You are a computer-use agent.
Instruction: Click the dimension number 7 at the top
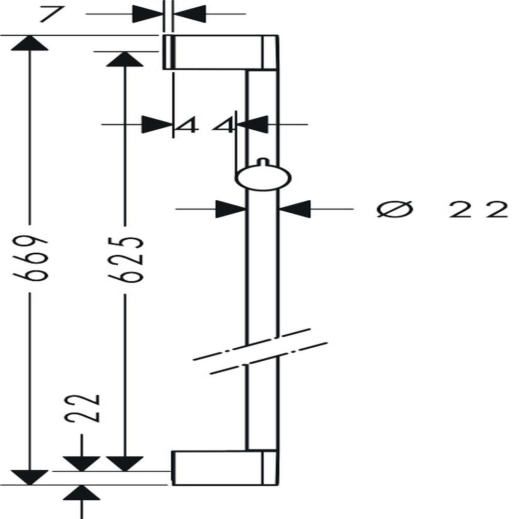click(x=51, y=14)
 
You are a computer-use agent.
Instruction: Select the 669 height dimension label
click(x=29, y=258)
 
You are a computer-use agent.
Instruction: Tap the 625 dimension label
click(x=126, y=259)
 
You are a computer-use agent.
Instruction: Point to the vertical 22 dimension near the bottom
click(x=82, y=408)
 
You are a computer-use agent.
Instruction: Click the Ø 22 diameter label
click(x=442, y=209)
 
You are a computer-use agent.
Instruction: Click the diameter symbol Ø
click(x=395, y=209)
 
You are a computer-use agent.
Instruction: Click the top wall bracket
click(x=221, y=52)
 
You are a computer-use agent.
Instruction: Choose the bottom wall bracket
click(x=224, y=468)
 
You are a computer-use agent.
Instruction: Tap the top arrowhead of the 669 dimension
click(x=30, y=43)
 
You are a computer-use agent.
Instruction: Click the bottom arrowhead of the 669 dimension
click(x=30, y=477)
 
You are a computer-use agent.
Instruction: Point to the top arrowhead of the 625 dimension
click(x=125, y=59)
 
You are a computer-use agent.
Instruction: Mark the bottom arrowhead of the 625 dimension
click(x=125, y=463)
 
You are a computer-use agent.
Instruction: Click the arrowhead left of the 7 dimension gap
click(x=148, y=14)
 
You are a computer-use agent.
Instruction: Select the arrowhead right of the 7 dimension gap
click(x=189, y=14)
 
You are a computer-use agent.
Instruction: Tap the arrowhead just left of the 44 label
click(x=157, y=125)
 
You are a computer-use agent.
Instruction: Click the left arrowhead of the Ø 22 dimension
click(x=231, y=209)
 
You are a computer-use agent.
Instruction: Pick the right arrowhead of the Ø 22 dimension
click(x=295, y=209)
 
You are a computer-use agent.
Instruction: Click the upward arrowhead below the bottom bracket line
click(x=81, y=493)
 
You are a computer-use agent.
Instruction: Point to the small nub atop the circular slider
click(x=263, y=162)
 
